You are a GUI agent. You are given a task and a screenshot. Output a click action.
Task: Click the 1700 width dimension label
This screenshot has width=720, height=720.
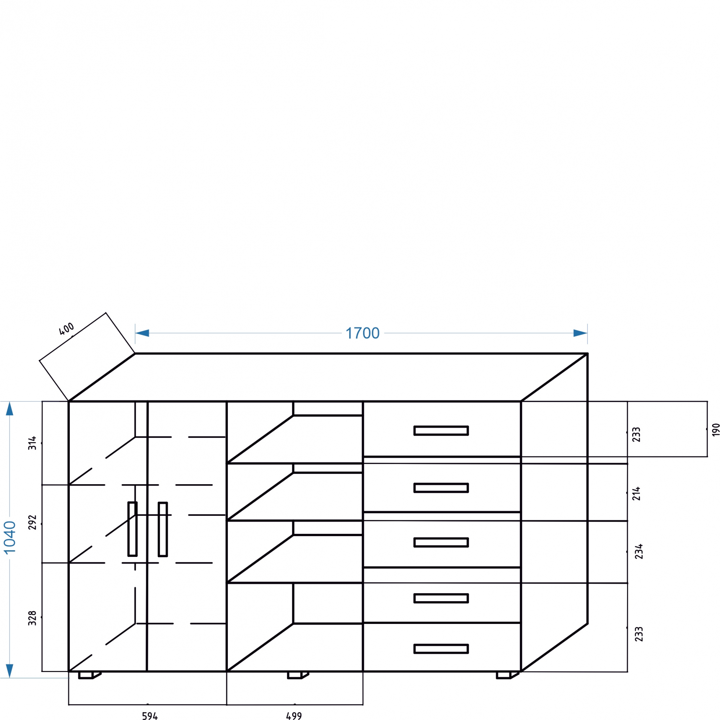(362, 333)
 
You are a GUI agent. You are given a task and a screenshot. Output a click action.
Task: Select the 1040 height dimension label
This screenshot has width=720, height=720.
(10, 538)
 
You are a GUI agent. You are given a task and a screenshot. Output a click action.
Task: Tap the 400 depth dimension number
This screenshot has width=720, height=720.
(67, 329)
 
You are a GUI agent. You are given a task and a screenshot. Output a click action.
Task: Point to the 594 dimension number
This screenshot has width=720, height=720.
(150, 716)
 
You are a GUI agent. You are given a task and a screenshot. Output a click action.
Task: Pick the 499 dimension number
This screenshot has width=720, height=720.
(294, 716)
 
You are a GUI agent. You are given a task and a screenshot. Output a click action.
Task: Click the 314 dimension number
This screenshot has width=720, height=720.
(33, 443)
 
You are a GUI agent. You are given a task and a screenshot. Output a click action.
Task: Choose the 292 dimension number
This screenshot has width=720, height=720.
(33, 522)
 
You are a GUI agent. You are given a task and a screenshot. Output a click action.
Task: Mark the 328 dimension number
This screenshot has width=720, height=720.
(33, 618)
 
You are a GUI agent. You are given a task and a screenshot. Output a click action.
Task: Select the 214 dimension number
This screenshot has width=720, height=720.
(636, 494)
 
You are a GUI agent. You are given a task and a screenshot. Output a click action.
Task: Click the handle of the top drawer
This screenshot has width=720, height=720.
(441, 431)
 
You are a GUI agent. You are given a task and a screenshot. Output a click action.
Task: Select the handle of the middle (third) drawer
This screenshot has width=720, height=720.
(441, 542)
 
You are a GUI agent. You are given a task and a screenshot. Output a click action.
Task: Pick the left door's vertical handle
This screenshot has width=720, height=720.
(132, 529)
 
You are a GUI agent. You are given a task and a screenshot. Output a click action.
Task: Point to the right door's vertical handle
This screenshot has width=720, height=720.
(163, 529)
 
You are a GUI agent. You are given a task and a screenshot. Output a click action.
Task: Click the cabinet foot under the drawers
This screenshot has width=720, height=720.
(504, 675)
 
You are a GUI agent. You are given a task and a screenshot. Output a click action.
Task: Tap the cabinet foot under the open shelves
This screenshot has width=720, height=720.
(295, 675)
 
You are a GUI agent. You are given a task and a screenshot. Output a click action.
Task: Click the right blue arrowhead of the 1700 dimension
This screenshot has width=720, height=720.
(580, 333)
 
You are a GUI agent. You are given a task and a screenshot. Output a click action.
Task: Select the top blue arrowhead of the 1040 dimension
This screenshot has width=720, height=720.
(10, 409)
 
